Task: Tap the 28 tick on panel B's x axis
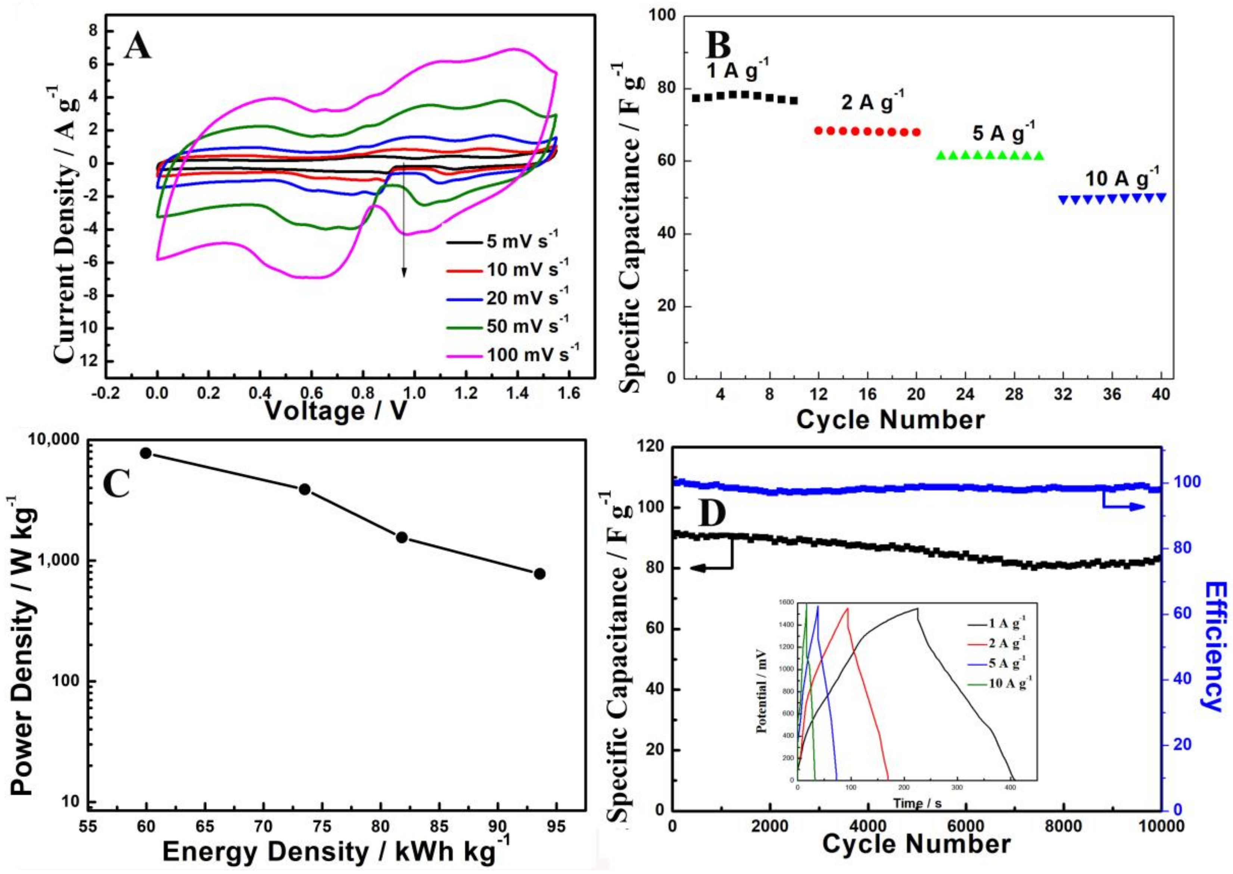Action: (1014, 395)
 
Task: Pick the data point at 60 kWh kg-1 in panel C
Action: (146, 453)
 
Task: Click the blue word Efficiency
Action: (1214, 645)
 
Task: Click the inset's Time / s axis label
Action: (918, 818)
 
